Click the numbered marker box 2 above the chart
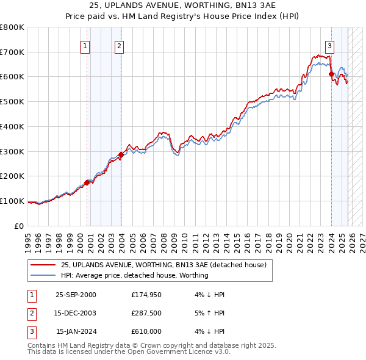pos(119,45)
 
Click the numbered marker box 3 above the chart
pos(329,45)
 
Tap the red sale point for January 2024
pos(331,74)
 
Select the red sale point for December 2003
pos(121,155)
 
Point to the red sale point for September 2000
pos(87,182)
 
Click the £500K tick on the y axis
pos(12,102)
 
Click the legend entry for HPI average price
pos(134,275)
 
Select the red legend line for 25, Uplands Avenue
pos(43,265)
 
